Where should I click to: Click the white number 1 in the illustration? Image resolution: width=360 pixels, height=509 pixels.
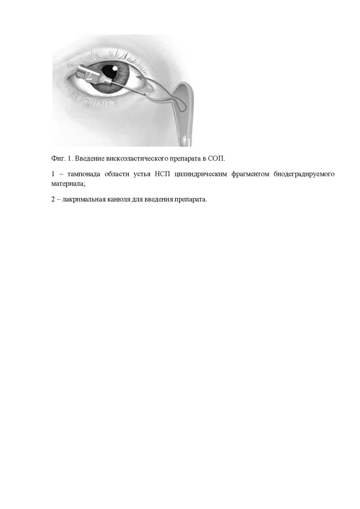pyautogui.click(x=188, y=141)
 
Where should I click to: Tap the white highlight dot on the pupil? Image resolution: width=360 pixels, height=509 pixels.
pyautogui.click(x=115, y=68)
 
